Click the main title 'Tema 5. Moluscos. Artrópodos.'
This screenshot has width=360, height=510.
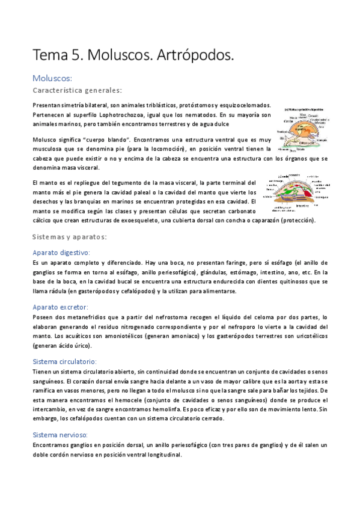click(x=133, y=56)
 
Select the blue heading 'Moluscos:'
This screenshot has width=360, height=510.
click(x=52, y=78)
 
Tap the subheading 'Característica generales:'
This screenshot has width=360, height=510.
click(x=78, y=90)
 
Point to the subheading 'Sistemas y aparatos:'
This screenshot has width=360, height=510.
click(x=69, y=236)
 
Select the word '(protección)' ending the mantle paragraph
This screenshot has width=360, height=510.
click(x=298, y=220)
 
